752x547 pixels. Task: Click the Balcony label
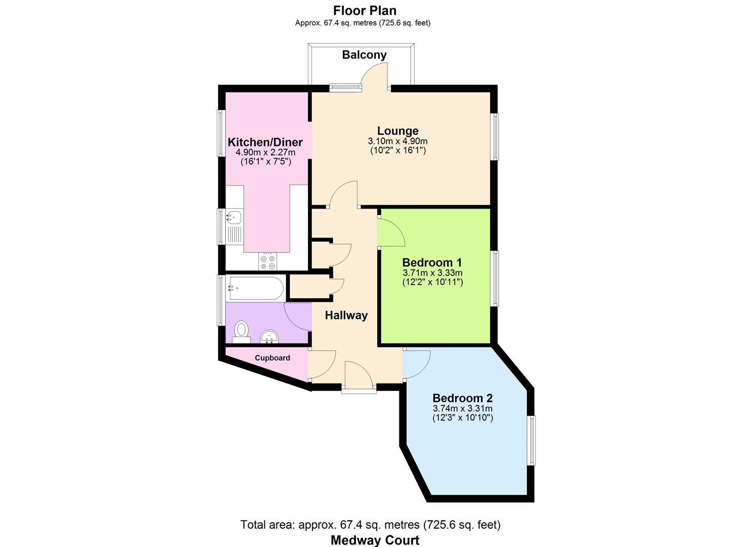(364, 55)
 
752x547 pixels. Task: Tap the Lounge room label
(398, 131)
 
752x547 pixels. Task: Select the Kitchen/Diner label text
(265, 142)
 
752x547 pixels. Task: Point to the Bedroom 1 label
(432, 262)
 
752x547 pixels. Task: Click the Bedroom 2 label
(462, 398)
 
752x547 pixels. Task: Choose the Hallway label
(346, 316)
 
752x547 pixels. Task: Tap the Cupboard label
(272, 358)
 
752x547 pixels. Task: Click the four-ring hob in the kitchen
(268, 262)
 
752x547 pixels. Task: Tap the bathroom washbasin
(269, 337)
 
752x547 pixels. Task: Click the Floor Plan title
(365, 11)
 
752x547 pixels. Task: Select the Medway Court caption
(375, 540)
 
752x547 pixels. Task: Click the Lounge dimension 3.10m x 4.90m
(398, 141)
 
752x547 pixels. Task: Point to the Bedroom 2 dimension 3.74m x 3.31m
(463, 408)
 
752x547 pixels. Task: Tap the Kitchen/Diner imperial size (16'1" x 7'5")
(266, 162)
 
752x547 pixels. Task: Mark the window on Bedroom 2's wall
(531, 441)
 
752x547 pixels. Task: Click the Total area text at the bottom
(370, 525)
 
